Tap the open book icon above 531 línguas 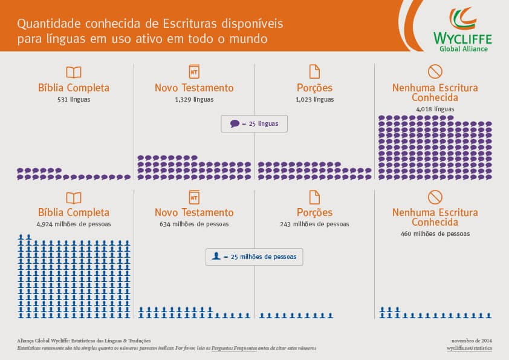click(x=73, y=72)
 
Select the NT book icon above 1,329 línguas click(x=194, y=71)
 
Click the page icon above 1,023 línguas click(x=314, y=71)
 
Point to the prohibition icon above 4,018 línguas click(x=435, y=71)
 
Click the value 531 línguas click(x=73, y=99)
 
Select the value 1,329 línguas click(x=194, y=99)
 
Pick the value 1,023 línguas click(x=314, y=99)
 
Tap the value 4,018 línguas click(x=435, y=109)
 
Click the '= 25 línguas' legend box click(x=254, y=123)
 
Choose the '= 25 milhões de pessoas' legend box click(x=254, y=257)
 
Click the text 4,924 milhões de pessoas click(x=73, y=224)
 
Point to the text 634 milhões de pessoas click(x=194, y=224)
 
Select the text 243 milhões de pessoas click(x=314, y=224)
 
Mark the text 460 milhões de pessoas click(x=435, y=234)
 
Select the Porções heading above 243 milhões click(x=314, y=212)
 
